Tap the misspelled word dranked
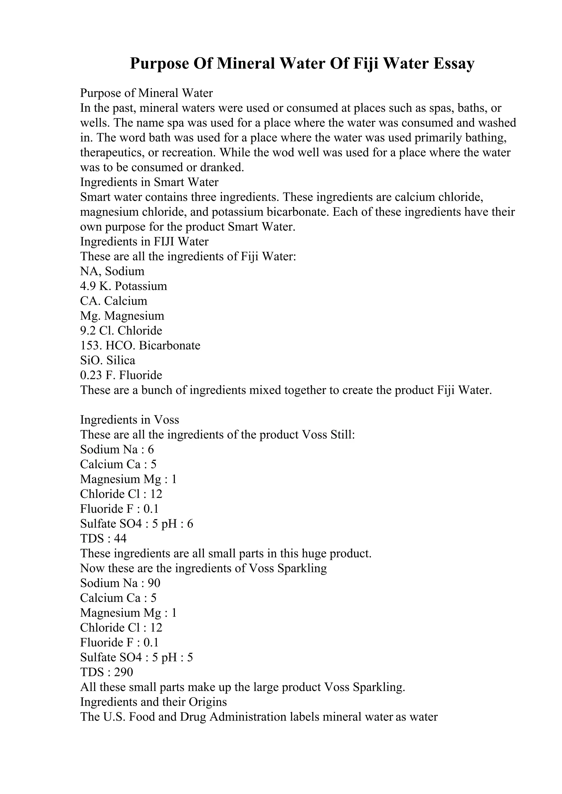pos(222,167)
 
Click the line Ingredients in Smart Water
pos(149,182)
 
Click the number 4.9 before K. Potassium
pos(88,286)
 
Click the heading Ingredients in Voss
pos(130,420)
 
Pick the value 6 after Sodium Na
pos(151,450)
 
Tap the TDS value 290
pos(123,673)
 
